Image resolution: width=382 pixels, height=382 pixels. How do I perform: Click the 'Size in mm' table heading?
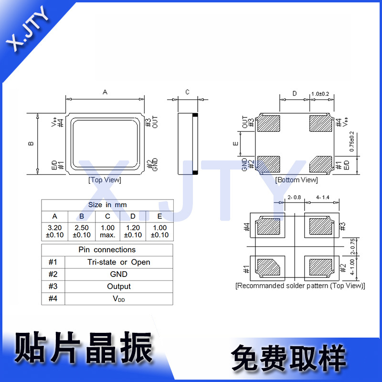tap(107, 205)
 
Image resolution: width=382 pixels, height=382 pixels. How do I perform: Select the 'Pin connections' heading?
tap(107, 250)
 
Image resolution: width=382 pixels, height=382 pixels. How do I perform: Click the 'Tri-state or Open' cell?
tap(118, 262)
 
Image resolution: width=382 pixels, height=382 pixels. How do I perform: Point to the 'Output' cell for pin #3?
tap(118, 286)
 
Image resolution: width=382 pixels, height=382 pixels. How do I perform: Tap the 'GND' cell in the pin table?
tap(118, 274)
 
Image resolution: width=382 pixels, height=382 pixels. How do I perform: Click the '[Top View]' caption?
tap(105, 180)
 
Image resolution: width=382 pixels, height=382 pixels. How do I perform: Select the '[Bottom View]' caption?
tap(296, 180)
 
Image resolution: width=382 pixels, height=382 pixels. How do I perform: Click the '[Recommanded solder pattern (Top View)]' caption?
tap(300, 286)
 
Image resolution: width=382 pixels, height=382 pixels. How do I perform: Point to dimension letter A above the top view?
tap(105, 92)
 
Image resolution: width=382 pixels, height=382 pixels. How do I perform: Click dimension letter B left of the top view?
tap(31, 143)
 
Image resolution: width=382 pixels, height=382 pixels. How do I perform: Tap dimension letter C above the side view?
tap(188, 92)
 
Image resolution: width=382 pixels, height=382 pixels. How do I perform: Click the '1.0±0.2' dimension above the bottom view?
tap(320, 94)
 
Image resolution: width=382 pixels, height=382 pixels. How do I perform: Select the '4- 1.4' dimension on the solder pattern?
tap(322, 197)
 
